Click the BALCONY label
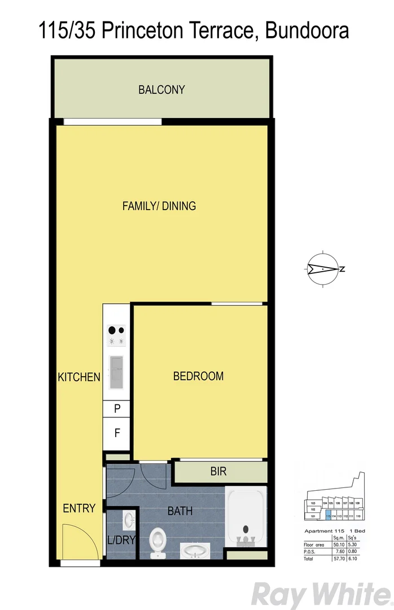pyautogui.click(x=162, y=90)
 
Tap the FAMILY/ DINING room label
pyautogui.click(x=159, y=206)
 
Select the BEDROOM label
pyautogui.click(x=198, y=376)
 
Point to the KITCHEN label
pyautogui.click(x=79, y=377)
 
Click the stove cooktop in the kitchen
pyautogui.click(x=117, y=335)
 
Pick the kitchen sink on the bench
pyautogui.click(x=117, y=373)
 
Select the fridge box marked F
pyautogui.click(x=117, y=434)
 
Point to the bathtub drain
pyautogui.click(x=246, y=530)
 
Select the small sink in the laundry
pyautogui.click(x=128, y=518)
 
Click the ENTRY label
pyautogui.click(x=79, y=508)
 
